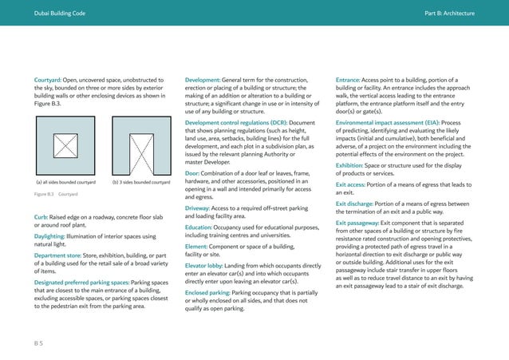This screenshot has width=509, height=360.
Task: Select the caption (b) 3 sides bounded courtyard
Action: tap(141, 182)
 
